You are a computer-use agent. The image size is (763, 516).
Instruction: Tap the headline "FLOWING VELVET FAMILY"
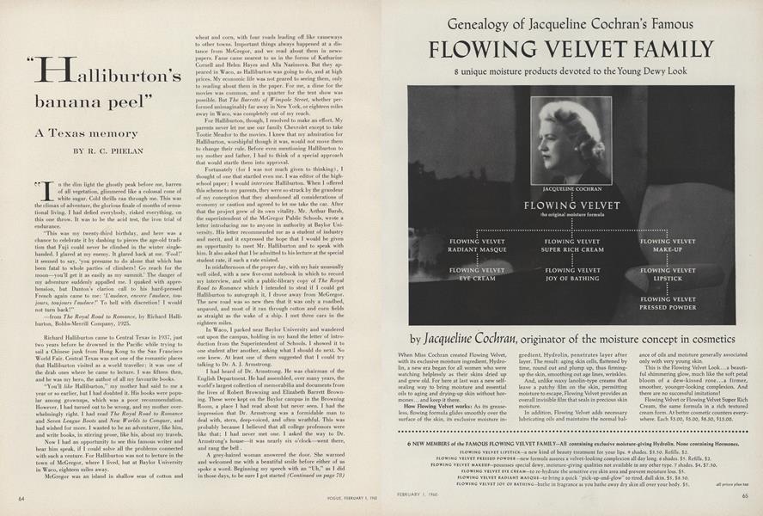(571, 49)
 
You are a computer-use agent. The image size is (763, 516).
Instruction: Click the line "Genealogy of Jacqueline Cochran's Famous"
(571, 21)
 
